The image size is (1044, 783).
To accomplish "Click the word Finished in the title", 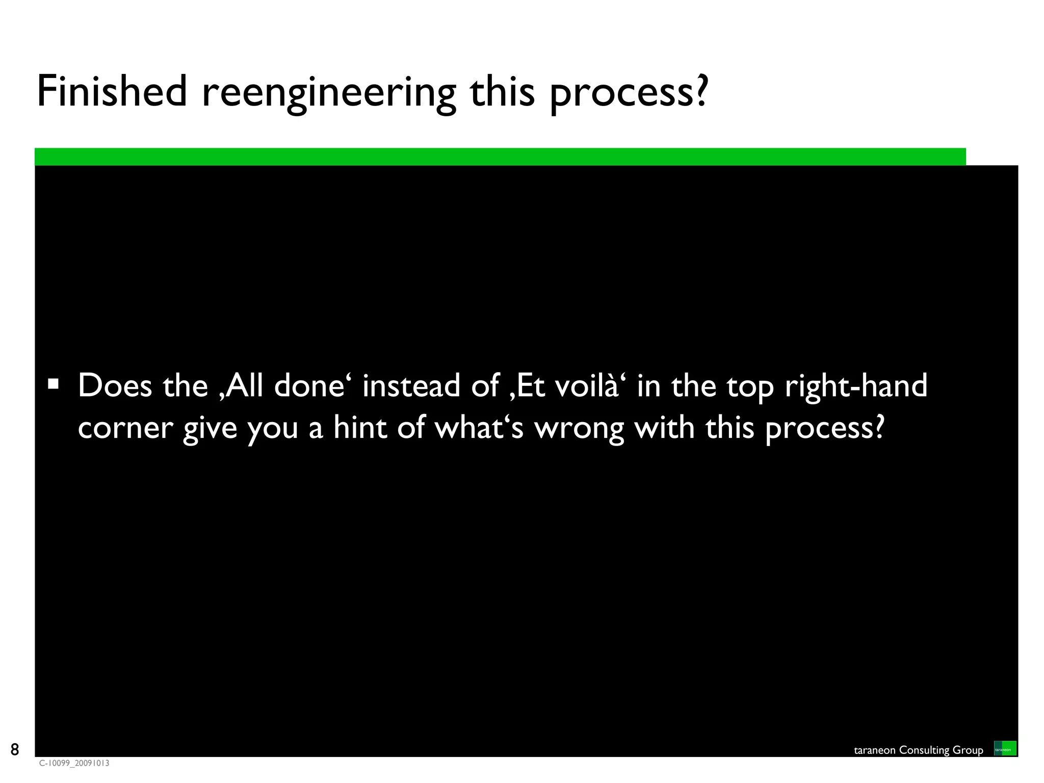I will [112, 92].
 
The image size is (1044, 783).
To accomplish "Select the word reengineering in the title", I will [329, 93].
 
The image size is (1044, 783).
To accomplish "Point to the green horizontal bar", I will [500, 156].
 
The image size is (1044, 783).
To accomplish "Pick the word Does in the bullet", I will [115, 385].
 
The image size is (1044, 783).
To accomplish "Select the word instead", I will [411, 385].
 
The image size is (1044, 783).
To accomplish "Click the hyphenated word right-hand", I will [856, 386].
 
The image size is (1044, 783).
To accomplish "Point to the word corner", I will [125, 428].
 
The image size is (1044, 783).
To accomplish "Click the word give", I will [210, 428].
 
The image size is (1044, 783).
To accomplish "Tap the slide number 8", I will [15, 749].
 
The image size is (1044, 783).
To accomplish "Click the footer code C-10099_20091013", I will [74, 763].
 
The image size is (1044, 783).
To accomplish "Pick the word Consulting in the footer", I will [924, 750].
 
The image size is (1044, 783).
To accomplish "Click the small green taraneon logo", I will [1005, 748].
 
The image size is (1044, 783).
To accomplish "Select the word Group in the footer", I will [968, 750].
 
